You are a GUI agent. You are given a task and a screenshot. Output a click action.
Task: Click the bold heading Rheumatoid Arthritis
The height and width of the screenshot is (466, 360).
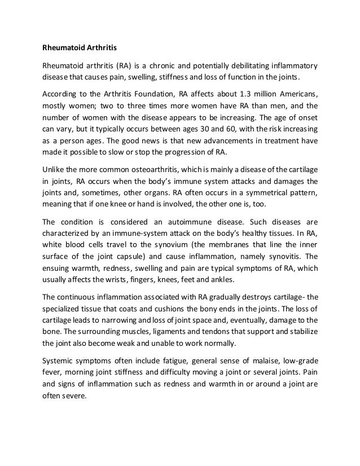[x=80, y=47]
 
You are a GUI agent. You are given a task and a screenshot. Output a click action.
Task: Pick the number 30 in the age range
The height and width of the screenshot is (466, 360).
[x=209, y=129]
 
